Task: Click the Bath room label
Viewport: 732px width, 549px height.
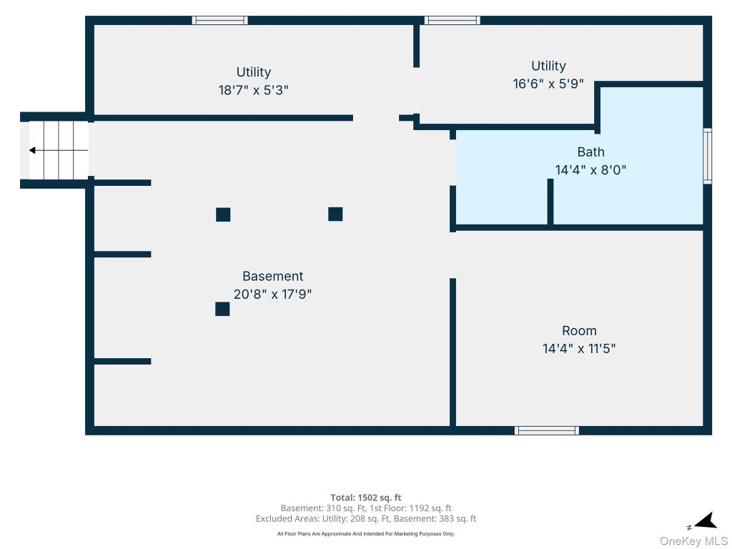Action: (590, 152)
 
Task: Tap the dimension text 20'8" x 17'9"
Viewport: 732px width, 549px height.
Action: (272, 294)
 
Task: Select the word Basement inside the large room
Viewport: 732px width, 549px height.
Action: (272, 276)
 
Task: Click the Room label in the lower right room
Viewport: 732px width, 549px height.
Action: (579, 330)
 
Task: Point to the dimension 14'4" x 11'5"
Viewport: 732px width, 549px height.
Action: (579, 348)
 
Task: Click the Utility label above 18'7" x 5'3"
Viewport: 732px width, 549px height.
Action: (254, 72)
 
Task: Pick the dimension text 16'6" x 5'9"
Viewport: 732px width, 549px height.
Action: (548, 84)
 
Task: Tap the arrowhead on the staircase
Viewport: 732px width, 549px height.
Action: (32, 150)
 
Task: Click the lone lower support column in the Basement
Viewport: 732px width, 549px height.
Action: (222, 309)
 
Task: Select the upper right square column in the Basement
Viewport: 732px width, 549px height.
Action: (335, 214)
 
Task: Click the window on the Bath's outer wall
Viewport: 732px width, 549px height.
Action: (707, 156)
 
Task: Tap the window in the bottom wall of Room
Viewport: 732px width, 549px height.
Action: (547, 430)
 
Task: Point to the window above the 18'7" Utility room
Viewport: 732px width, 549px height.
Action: (220, 20)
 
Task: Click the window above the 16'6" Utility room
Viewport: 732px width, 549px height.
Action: (452, 20)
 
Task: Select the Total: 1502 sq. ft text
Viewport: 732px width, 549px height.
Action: (365, 498)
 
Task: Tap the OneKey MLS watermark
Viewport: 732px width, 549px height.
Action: (693, 540)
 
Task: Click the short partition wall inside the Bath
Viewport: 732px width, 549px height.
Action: (550, 202)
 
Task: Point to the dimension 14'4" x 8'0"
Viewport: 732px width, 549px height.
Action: (590, 169)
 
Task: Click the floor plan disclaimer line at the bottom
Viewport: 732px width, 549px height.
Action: (365, 533)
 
